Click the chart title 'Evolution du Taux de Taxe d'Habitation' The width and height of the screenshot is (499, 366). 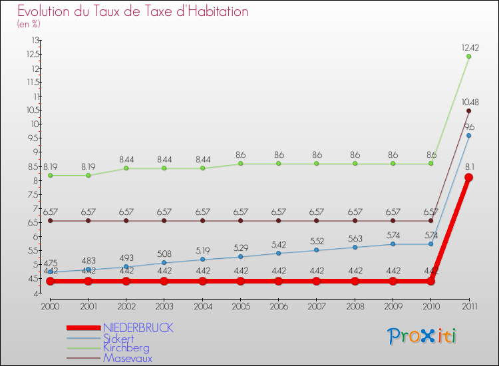pos(133,12)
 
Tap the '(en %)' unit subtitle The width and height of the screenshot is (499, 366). pos(29,25)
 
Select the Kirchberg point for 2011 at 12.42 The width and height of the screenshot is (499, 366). pos(468,56)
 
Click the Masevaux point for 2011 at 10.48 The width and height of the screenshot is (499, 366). pos(468,110)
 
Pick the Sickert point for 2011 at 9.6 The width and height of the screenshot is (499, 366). pos(468,135)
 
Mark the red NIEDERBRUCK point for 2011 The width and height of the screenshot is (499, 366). pos(468,178)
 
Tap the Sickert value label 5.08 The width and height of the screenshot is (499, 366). pos(164,254)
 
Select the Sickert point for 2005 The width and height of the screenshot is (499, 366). pos(240,257)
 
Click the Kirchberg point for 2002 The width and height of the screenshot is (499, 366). pos(126,168)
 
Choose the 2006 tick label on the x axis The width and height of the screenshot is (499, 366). pos(278,306)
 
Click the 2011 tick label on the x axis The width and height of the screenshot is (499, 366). pos(468,306)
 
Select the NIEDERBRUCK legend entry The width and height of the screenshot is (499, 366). pos(138,328)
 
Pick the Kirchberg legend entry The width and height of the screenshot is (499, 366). pos(126,348)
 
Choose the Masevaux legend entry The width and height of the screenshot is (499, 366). pos(127,358)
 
